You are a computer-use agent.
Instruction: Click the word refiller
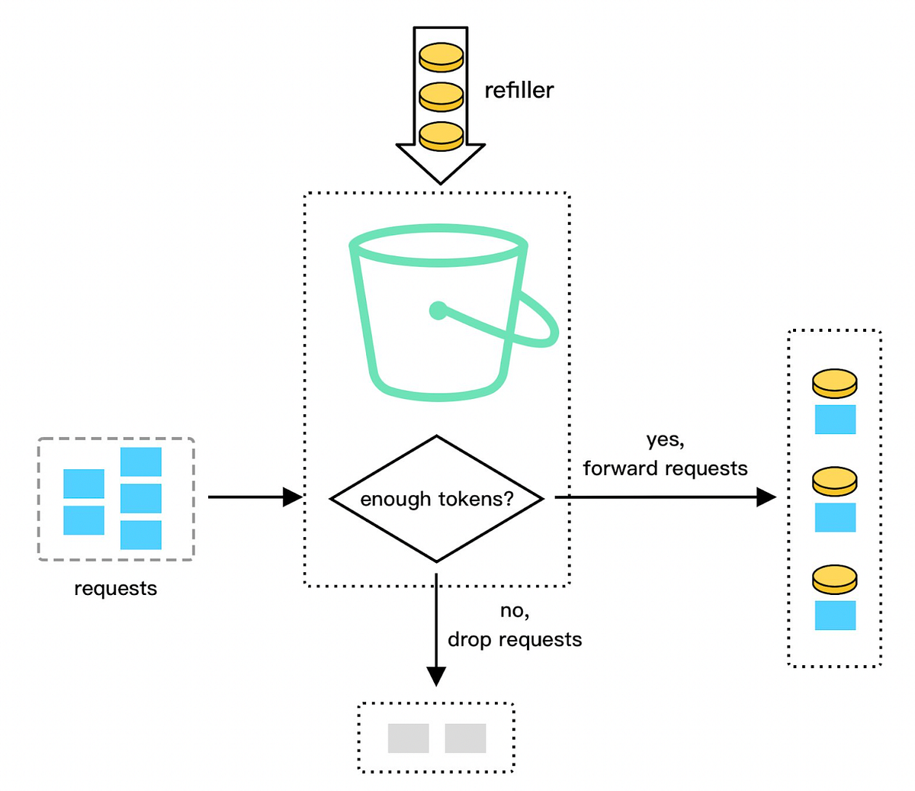pos(518,90)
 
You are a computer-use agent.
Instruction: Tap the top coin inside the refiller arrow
pos(441,57)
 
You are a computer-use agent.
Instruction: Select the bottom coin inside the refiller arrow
pos(441,136)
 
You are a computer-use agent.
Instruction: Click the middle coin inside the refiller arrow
pos(441,97)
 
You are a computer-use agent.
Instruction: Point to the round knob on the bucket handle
pos(438,310)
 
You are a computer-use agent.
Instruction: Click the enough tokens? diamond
pos(436,499)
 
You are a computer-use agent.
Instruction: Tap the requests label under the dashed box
pos(115,589)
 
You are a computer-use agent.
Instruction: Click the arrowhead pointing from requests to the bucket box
pos(293,497)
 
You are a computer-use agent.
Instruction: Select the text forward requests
pos(665,468)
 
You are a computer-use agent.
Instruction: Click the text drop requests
pos(515,639)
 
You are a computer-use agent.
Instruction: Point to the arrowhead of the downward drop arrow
pos(436,676)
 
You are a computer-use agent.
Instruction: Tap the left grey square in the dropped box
pos(408,738)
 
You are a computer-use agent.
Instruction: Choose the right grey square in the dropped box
pos(465,738)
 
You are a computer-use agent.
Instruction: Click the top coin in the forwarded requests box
pos(834,382)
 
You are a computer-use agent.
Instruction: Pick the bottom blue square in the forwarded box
pos(835,616)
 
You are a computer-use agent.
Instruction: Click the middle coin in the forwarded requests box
pos(834,481)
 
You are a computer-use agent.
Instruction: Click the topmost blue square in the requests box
pos(141,461)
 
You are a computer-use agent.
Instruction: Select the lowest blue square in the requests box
pos(141,535)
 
